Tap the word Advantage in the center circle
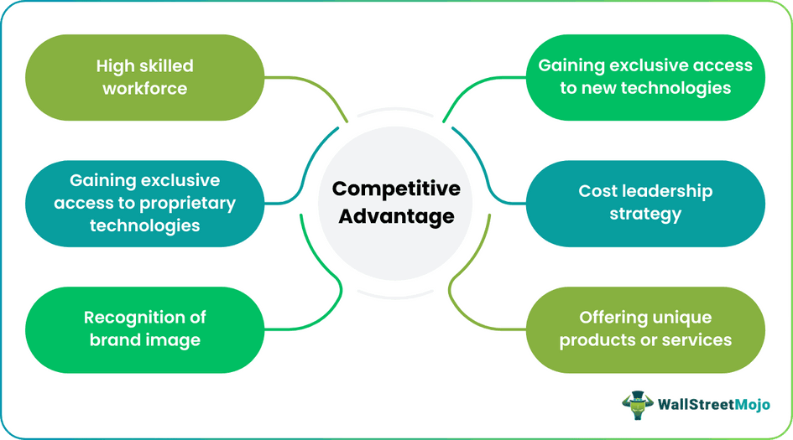[395, 216]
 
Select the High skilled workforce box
[145, 77]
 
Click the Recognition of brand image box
[145, 329]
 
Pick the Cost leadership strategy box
[645, 203]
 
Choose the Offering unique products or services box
[645, 329]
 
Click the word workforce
[145, 88]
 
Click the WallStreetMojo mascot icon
[639, 406]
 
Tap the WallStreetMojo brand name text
[713, 406]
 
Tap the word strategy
[644, 214]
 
